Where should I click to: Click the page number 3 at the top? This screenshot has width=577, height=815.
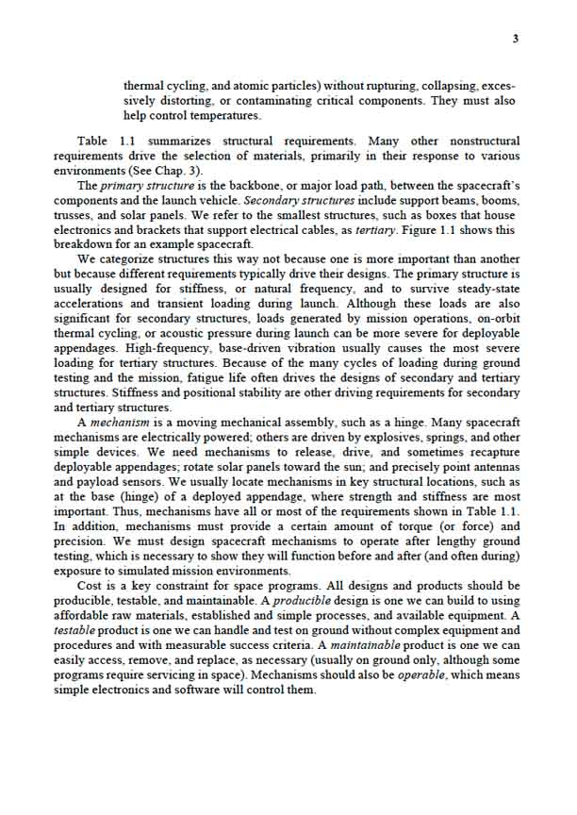515,39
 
